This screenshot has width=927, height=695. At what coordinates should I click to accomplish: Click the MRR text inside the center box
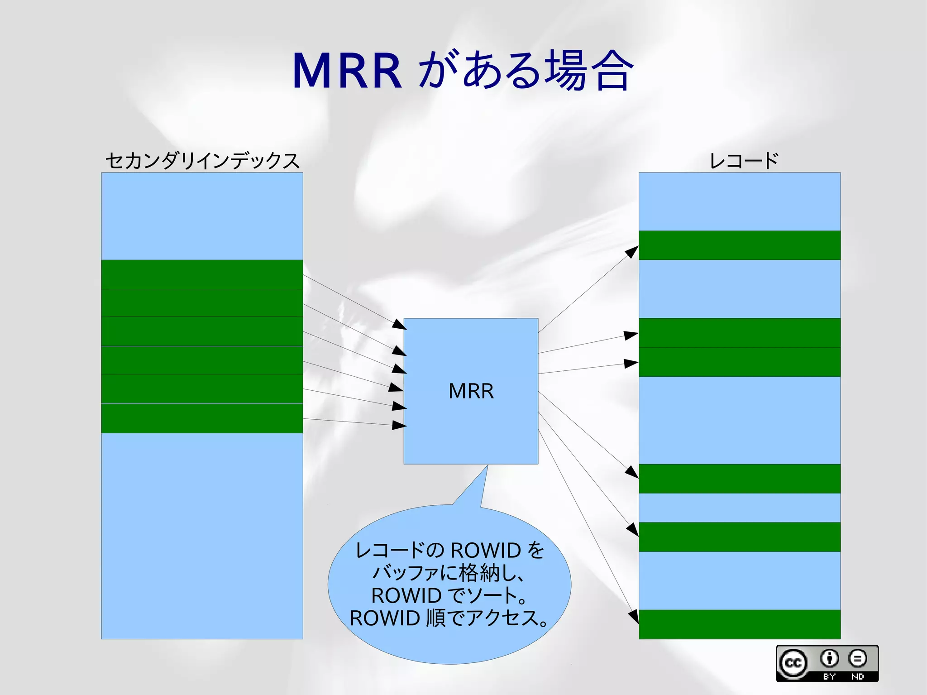pos(471,391)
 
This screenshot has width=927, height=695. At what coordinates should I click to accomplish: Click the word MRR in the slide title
pos(347,72)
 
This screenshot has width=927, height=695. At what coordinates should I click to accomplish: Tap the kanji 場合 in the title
pos(588,71)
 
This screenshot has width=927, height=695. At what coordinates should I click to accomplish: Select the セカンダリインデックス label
pos(202,161)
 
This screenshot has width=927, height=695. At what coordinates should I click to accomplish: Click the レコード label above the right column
pos(744,161)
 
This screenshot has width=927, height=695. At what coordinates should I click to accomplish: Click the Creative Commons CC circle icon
pos(793,663)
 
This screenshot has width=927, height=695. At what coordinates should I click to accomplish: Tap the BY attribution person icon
pos(829,658)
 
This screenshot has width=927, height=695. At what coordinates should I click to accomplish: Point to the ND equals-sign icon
pos(857,658)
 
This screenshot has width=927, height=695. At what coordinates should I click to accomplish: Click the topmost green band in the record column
pos(739,245)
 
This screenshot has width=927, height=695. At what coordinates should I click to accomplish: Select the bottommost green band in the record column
pos(739,624)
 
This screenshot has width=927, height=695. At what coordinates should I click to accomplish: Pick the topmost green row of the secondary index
pos(202,274)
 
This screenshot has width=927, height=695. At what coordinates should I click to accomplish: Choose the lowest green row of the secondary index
pos(202,418)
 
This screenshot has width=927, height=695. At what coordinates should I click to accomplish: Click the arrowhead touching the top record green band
pos(632,251)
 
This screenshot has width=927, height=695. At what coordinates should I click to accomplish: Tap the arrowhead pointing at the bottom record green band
pos(634,616)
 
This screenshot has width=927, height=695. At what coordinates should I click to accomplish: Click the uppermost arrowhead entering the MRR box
pos(399,324)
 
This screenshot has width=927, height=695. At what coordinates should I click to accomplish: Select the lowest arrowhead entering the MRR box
pos(399,425)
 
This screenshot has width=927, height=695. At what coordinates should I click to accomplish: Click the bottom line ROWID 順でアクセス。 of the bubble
pos(449,618)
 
